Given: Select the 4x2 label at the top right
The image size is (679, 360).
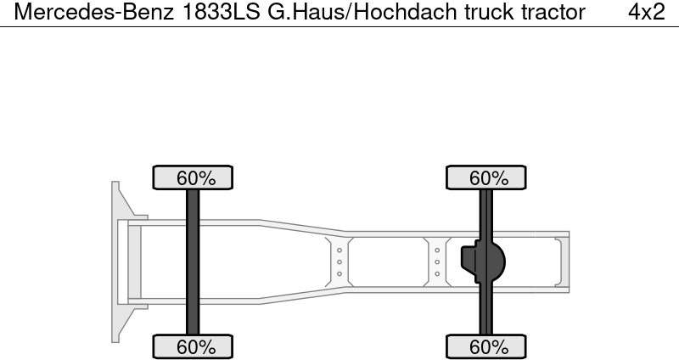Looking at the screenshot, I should pyautogui.click(x=646, y=13).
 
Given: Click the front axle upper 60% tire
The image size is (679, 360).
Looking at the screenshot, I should pyautogui.click(x=193, y=178).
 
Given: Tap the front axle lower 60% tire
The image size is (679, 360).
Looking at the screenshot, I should pyautogui.click(x=193, y=346).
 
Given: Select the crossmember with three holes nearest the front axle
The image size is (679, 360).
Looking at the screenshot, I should pyautogui.click(x=339, y=262).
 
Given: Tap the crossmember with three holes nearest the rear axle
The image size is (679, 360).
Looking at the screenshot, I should pyautogui.click(x=437, y=262).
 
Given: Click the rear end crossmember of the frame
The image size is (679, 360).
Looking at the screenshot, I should pyautogui.click(x=560, y=262).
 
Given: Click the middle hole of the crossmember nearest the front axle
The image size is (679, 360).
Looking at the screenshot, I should pyautogui.click(x=339, y=262).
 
